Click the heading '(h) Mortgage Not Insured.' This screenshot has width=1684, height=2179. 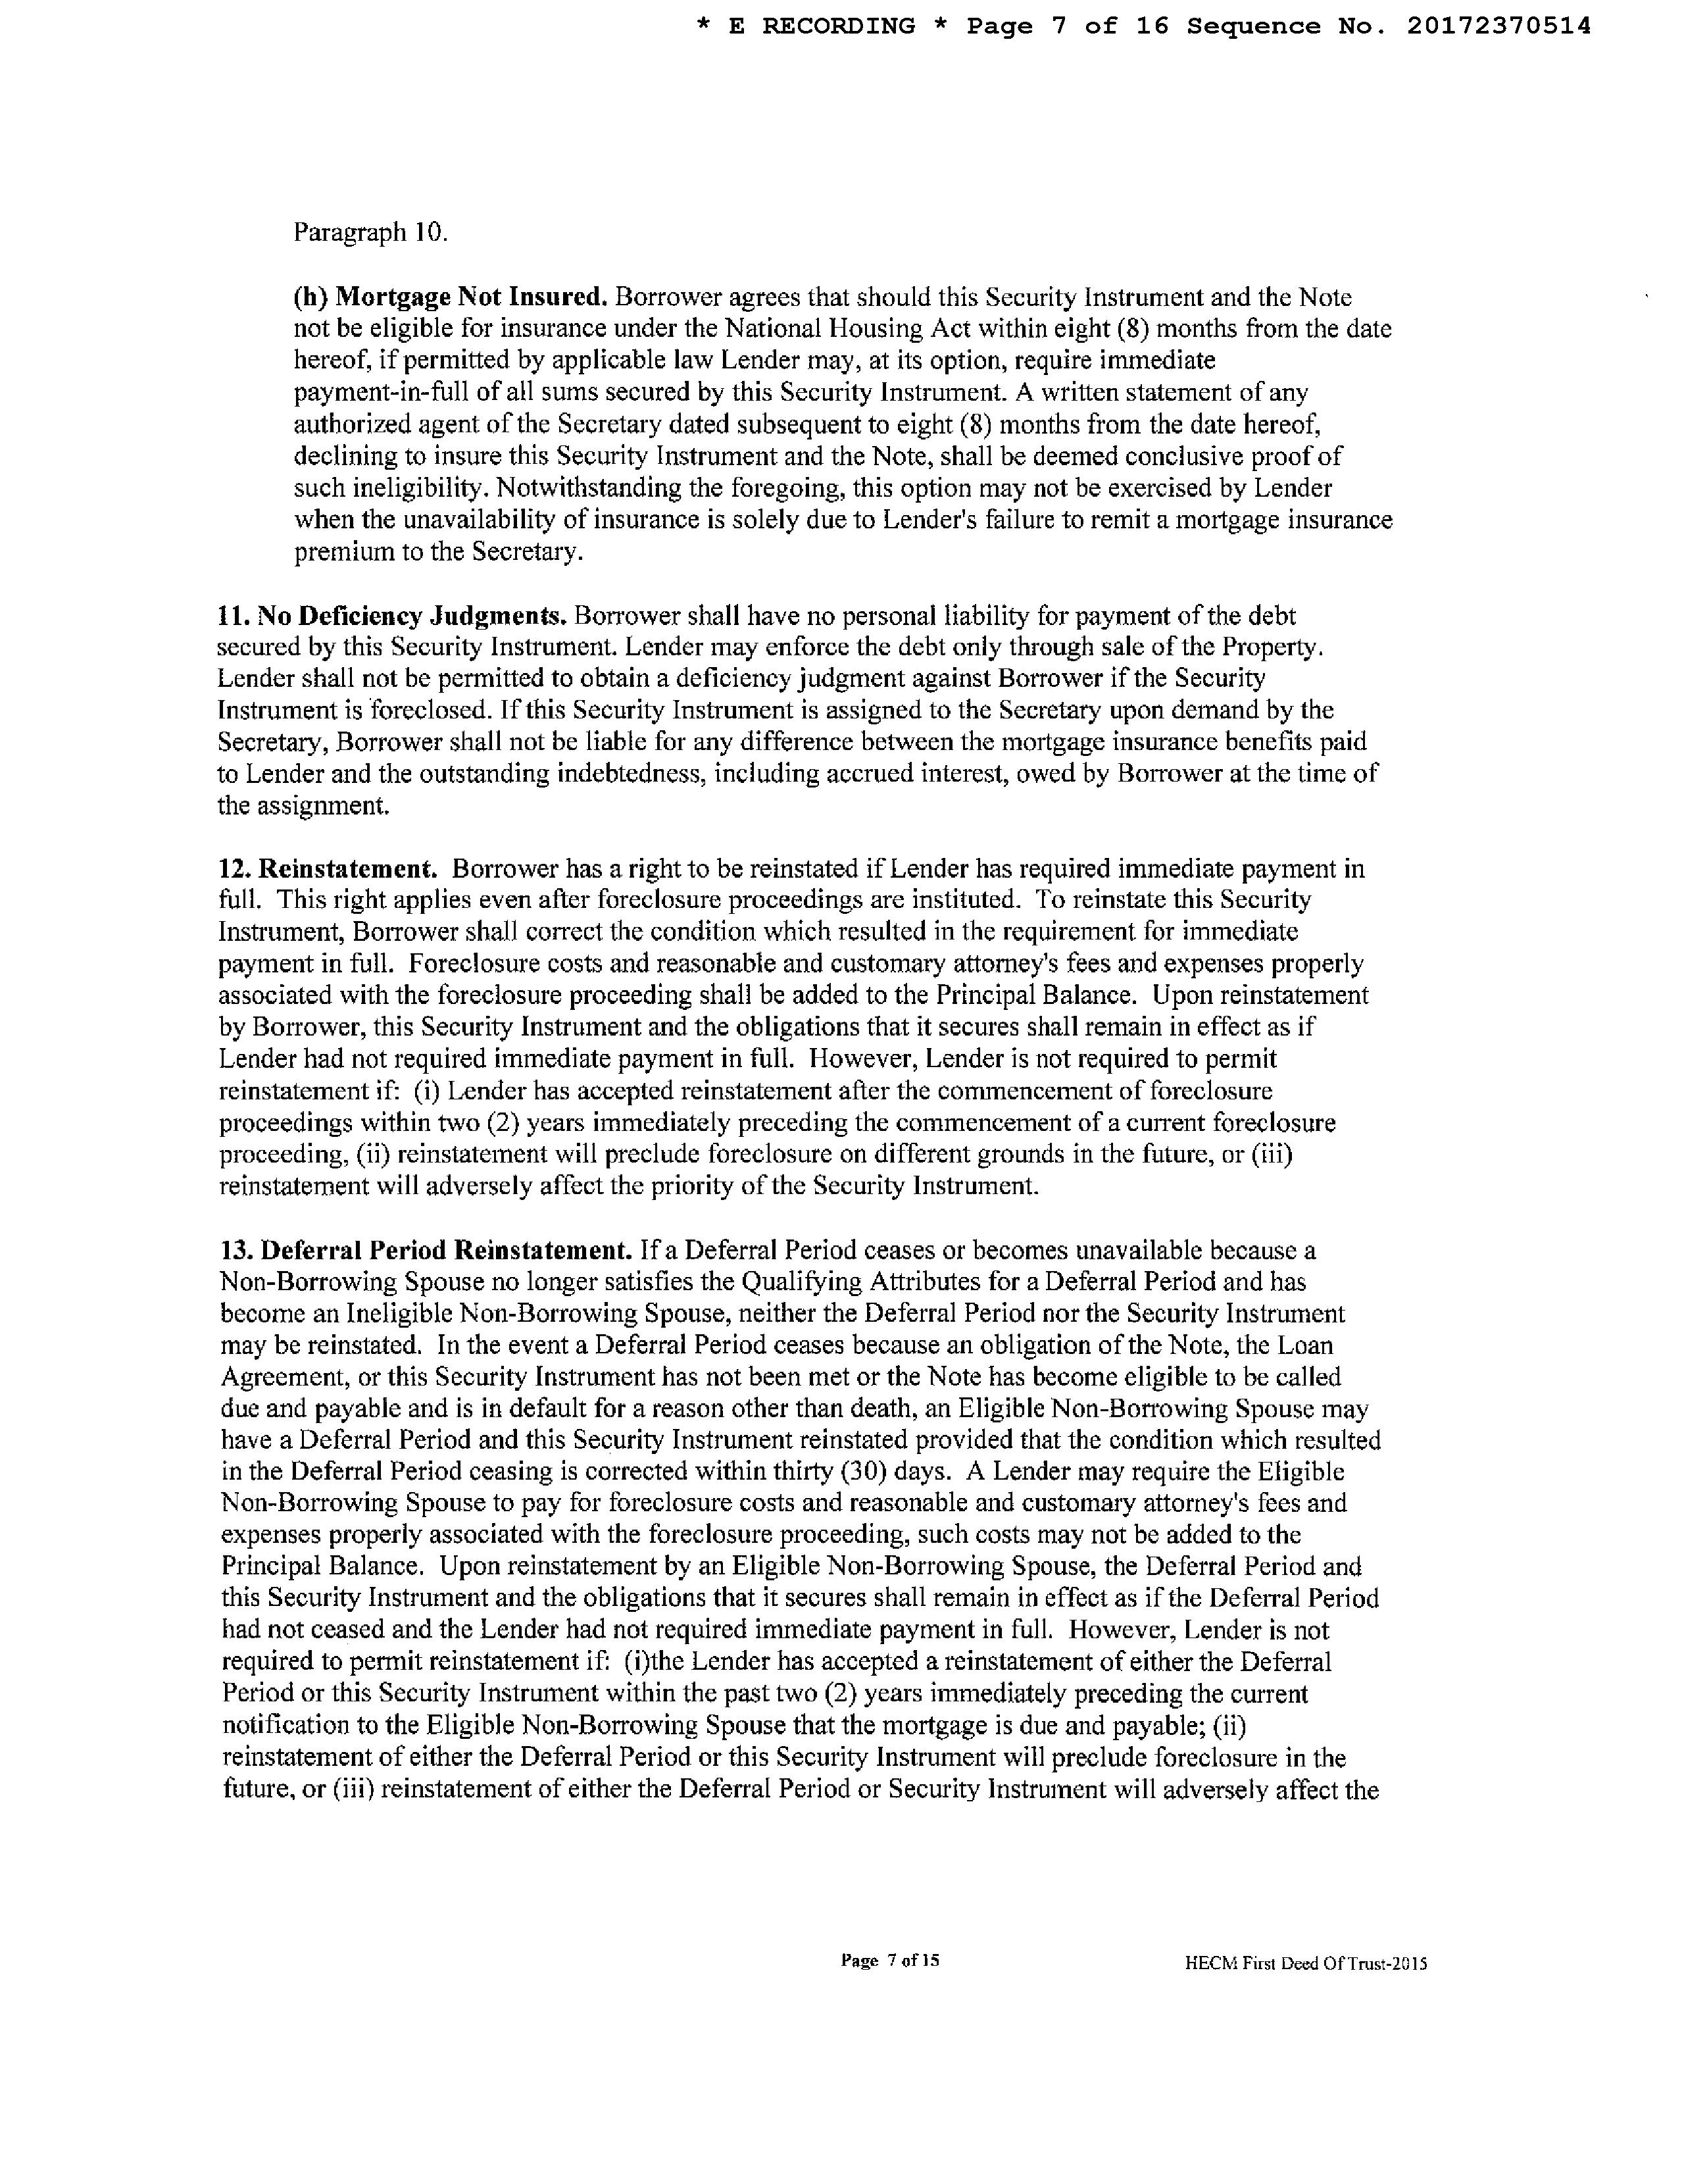tap(450, 297)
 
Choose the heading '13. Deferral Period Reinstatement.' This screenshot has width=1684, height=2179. tap(427, 1250)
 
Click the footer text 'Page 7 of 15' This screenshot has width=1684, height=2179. tap(890, 1961)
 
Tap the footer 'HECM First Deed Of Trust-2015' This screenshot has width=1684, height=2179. tap(1306, 1963)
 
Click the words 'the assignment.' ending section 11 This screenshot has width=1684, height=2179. tap(303, 806)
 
